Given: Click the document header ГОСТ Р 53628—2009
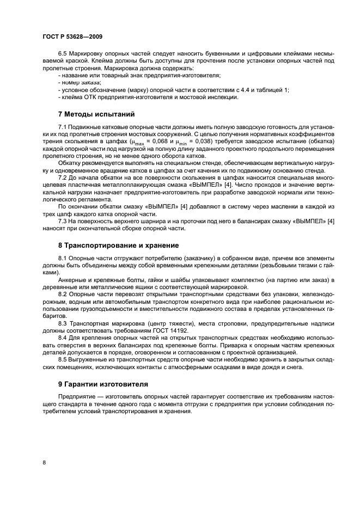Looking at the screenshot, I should pos(72,36).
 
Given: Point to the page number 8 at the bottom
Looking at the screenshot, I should pos(44,462).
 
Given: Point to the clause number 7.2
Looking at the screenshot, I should pos(63,177).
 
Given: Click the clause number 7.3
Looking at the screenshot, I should pos(63,220).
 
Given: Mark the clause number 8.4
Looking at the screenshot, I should pos(63,338).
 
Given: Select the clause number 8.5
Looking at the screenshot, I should pos(63,359).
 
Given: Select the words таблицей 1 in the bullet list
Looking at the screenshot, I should pos(270,89).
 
